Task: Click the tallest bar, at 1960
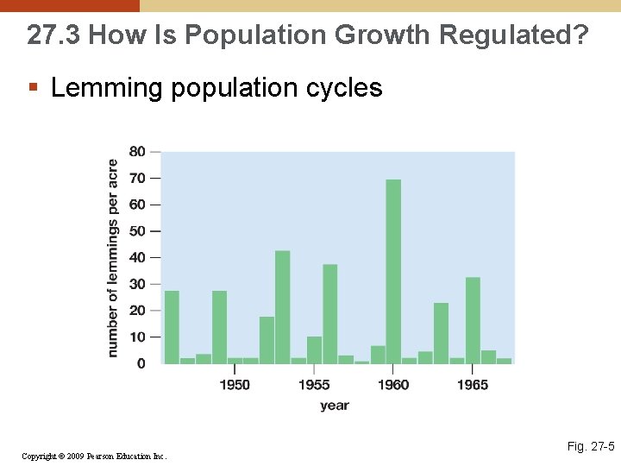[393, 272]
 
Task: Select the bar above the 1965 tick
[473, 320]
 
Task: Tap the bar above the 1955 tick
[314, 350]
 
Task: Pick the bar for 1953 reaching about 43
[282, 307]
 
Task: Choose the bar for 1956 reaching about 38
[329, 314]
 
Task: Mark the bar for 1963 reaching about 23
[441, 333]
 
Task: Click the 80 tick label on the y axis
[137, 152]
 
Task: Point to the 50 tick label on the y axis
[137, 231]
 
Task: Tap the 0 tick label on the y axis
[141, 364]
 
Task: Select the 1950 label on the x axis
[235, 385]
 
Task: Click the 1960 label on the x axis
[393, 385]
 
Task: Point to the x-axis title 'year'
[335, 406]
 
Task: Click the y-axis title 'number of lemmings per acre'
[113, 258]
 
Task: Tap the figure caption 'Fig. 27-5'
[590, 446]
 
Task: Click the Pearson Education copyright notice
[93, 456]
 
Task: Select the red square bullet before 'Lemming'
[33, 87]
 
